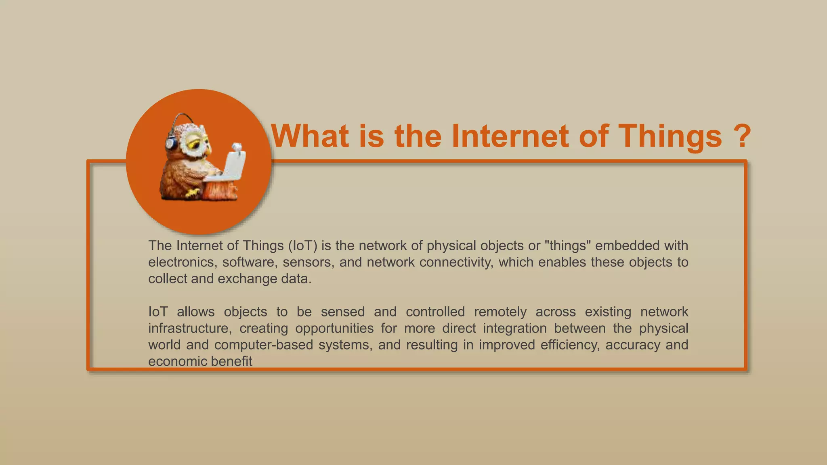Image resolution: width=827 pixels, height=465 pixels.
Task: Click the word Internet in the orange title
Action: point(510,136)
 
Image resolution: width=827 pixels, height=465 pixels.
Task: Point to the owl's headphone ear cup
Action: point(171,143)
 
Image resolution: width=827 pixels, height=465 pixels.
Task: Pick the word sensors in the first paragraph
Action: point(308,262)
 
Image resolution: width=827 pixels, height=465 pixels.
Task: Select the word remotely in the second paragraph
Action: point(500,312)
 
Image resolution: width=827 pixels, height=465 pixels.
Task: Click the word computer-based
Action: point(263,345)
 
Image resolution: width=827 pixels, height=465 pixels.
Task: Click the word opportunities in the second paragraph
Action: point(334,329)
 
